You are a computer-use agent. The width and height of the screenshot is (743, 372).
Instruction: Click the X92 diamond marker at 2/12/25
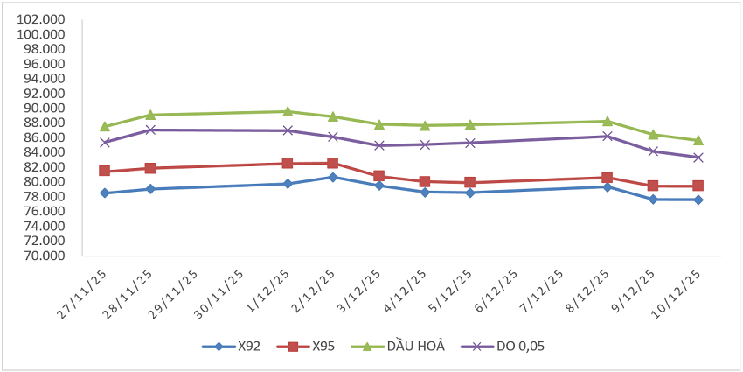tap(333, 177)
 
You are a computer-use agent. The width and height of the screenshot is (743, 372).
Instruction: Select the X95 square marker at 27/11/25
tap(105, 171)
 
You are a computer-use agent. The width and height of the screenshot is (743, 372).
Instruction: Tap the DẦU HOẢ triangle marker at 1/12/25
tap(288, 111)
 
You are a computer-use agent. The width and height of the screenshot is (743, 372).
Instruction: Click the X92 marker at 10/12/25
tap(698, 200)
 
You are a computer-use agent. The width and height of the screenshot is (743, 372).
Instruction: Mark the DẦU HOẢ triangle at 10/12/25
tap(698, 140)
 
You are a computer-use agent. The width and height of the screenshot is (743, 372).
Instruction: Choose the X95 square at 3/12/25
tap(378, 176)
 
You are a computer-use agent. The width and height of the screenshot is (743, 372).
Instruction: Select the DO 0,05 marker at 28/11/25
tap(150, 130)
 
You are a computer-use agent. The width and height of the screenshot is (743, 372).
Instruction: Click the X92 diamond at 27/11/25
tap(105, 193)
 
